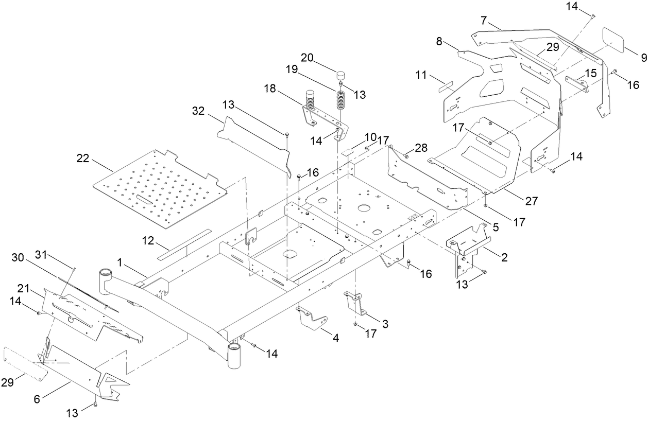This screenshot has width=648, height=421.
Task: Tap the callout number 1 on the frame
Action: (120, 262)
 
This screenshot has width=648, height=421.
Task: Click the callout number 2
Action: (505, 257)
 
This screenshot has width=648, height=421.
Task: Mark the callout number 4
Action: (336, 339)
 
